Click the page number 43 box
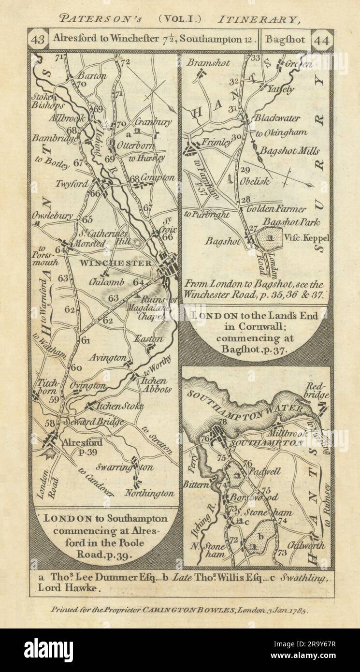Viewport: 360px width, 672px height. [x=38, y=41]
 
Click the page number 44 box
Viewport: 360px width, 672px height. [x=322, y=41]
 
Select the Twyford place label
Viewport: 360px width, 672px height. [x=86, y=184]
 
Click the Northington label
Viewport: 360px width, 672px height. [x=149, y=494]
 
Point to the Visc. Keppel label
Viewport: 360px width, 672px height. [x=303, y=237]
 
